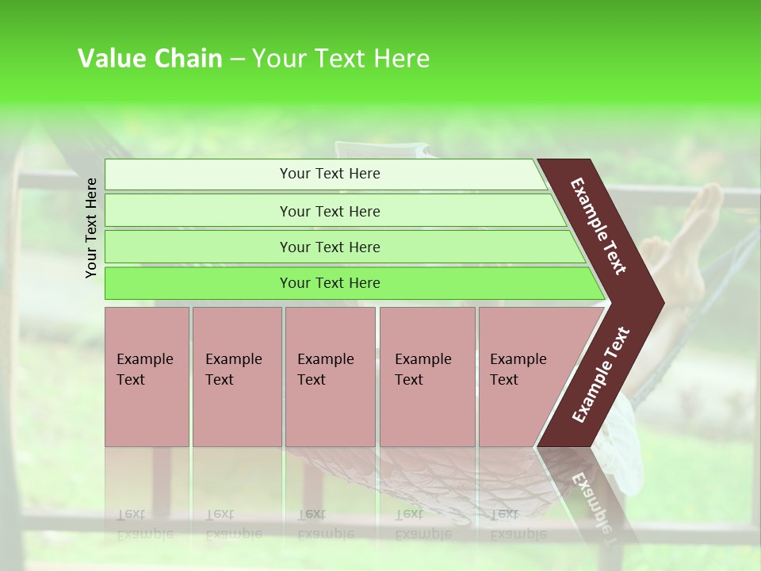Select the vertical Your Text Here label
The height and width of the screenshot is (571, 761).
[x=91, y=228]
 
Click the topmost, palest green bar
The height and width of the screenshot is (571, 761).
[x=329, y=174]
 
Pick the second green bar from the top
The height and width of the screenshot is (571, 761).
[x=329, y=211]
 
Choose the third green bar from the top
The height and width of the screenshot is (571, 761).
[x=329, y=247]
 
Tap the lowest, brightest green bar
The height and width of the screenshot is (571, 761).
[x=329, y=283]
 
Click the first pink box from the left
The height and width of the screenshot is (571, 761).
[x=147, y=377]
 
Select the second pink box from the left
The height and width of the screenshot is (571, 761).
[x=236, y=377]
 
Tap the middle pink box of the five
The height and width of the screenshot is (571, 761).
[x=330, y=377]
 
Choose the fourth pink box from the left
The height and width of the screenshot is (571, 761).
[x=426, y=377]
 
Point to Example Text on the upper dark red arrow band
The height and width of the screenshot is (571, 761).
[x=599, y=226]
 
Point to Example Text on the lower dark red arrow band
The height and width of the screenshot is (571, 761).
[x=601, y=374]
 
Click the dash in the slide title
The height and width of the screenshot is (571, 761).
[x=236, y=59]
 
